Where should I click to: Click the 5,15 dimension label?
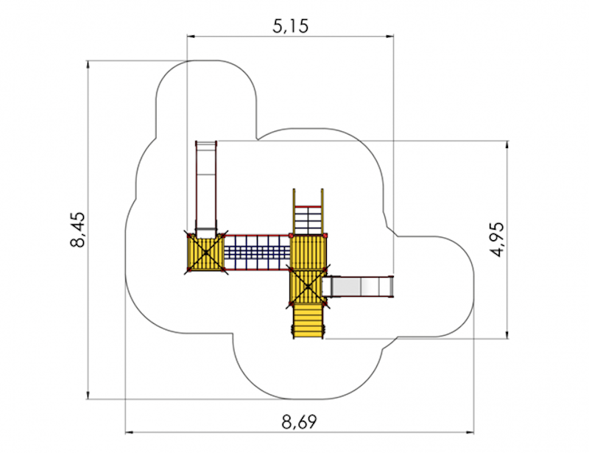point(290,27)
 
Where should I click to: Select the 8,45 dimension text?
point(78,229)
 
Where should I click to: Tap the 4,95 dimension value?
point(499,239)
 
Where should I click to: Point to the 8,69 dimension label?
point(300,422)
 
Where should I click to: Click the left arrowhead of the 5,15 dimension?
point(191,36)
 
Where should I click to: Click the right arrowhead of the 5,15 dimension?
point(389,36)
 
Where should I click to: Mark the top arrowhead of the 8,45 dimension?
point(88,65)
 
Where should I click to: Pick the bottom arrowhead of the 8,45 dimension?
point(88,395)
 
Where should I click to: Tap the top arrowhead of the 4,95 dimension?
point(507,145)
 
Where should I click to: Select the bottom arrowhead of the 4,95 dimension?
point(507,334)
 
